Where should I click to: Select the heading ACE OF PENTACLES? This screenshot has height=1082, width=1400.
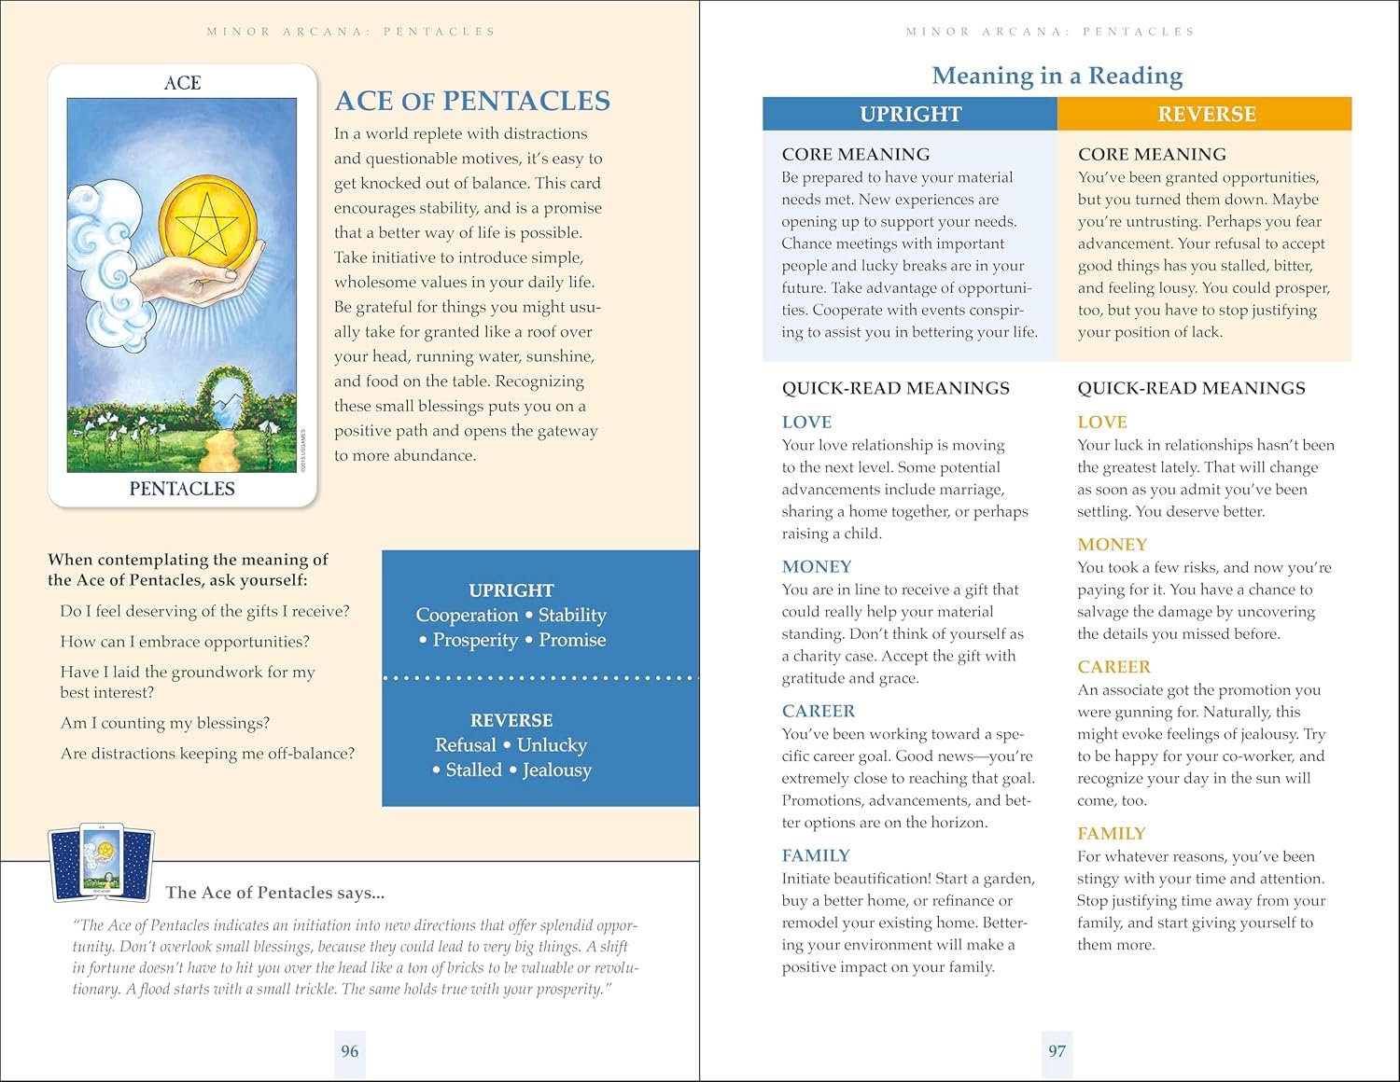472,101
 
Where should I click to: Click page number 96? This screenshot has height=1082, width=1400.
349,1051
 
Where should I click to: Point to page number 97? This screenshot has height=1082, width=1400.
1057,1051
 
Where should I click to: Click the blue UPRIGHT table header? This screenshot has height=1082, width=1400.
910,114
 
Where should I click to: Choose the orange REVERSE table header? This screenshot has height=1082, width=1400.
1206,114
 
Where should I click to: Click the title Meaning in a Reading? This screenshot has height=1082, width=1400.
1057,76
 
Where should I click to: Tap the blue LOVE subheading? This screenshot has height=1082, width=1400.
806,422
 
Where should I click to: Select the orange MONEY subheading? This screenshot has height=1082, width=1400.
1112,544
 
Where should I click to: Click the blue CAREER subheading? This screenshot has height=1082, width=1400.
818,711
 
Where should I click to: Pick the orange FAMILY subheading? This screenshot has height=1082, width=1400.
1111,833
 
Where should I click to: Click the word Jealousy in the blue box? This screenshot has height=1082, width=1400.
557,770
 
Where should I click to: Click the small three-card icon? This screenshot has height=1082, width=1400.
101,864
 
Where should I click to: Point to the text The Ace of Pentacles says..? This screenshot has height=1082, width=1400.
274,893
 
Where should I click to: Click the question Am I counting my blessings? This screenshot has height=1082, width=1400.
165,723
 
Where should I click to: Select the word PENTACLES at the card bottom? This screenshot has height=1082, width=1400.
182,488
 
